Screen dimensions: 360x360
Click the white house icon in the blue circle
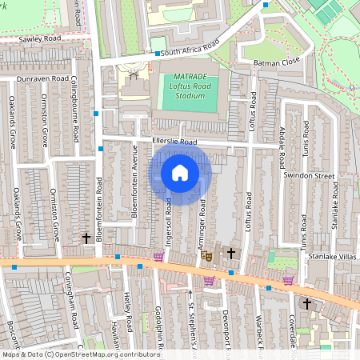[180, 172]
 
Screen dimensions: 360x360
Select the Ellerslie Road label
[174, 142]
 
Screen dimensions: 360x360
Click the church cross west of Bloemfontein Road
[86, 238]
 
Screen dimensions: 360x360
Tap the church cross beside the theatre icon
[231, 254]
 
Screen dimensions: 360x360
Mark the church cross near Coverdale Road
[306, 303]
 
